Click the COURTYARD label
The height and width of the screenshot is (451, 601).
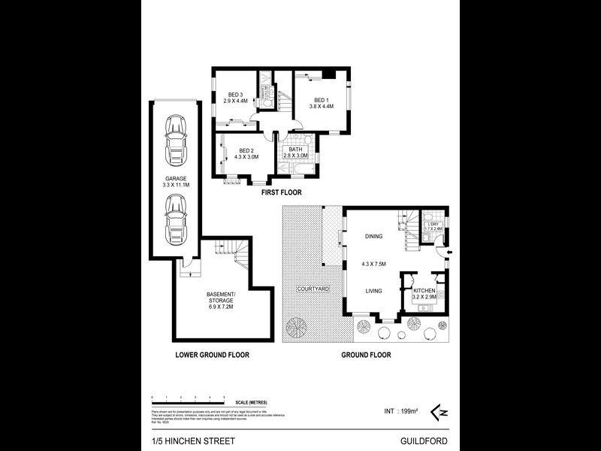(310, 288)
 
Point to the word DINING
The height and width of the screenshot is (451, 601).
(373, 236)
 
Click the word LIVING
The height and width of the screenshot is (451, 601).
(373, 291)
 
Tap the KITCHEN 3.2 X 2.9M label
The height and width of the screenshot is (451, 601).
(424, 294)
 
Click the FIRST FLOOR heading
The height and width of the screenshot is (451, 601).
(281, 192)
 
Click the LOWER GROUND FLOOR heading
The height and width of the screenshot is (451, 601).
(212, 354)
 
